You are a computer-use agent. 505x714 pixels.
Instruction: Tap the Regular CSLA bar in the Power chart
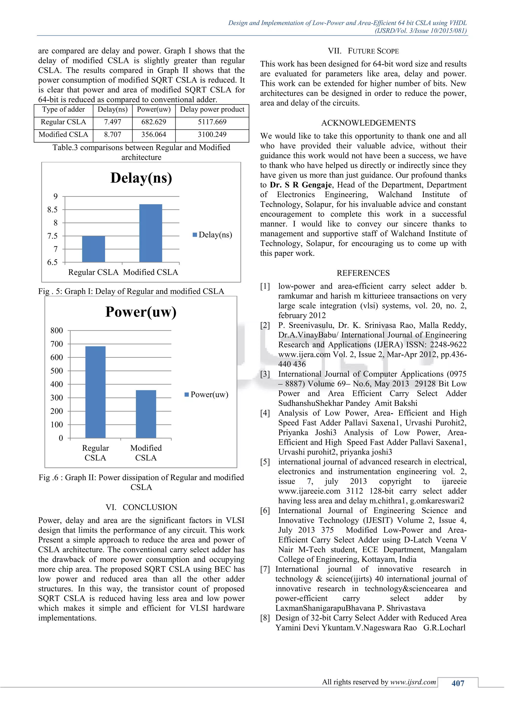coord(95,392)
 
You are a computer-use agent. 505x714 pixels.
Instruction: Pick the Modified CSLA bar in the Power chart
coord(146,414)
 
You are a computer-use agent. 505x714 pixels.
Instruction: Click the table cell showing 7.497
coord(113,122)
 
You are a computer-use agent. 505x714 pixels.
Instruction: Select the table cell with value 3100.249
coord(212,135)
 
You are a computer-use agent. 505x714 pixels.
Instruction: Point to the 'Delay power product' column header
coord(212,109)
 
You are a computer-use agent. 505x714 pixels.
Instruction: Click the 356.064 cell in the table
coord(154,135)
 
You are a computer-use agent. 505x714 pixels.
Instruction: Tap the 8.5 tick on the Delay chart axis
coord(53,210)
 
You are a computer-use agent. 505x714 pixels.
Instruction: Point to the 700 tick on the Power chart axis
coord(57,344)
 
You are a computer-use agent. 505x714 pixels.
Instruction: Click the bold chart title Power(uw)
coord(141,312)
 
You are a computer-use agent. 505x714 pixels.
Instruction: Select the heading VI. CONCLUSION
coord(141,507)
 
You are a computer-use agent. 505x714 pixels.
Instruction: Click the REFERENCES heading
coord(363,273)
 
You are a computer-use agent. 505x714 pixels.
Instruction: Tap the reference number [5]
coord(265,462)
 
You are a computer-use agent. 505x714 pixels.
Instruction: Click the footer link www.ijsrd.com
coord(413,682)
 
